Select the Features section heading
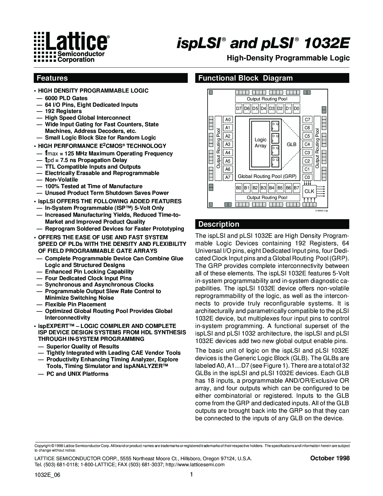click(x=52, y=78)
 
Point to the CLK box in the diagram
click(x=309, y=191)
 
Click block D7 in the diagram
click(x=239, y=109)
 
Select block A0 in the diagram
click(x=228, y=120)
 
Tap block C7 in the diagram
click(x=307, y=120)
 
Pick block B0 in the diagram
click(x=239, y=188)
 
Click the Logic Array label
click(x=260, y=143)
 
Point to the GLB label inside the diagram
click(x=291, y=144)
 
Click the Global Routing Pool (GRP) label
click(x=267, y=176)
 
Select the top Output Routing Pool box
click(x=267, y=99)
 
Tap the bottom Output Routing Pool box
click(x=267, y=197)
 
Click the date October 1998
click(x=330, y=458)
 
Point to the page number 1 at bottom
click(x=191, y=475)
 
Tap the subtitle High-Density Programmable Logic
click(x=288, y=58)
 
